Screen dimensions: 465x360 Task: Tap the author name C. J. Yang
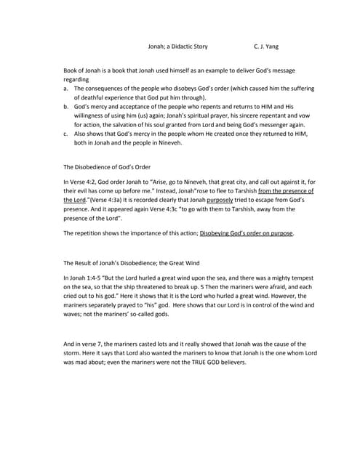(x=265, y=46)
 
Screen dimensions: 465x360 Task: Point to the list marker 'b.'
(x=66, y=106)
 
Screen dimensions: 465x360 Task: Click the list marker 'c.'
(x=66, y=134)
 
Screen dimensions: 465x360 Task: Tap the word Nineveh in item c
(x=169, y=143)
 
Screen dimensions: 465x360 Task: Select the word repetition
(x=91, y=233)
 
